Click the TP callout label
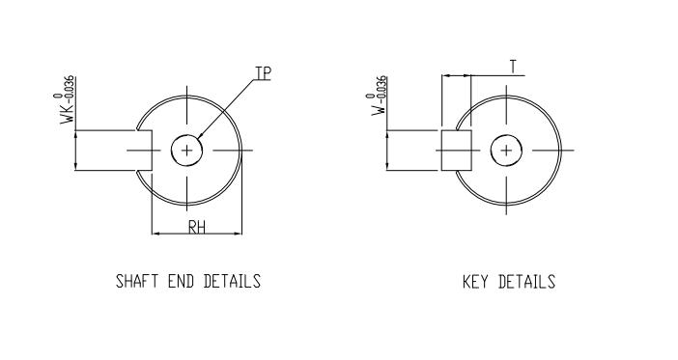[x=262, y=73]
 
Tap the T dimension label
[x=513, y=66]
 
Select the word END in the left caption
[x=183, y=282]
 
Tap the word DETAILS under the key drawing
[x=527, y=282]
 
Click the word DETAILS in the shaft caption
[x=232, y=282]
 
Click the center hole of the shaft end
[x=187, y=150]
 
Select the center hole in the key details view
[x=505, y=150]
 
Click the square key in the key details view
[x=456, y=151]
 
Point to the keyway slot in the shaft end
[x=145, y=151]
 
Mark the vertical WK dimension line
[x=75, y=151]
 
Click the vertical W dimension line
[x=387, y=151]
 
